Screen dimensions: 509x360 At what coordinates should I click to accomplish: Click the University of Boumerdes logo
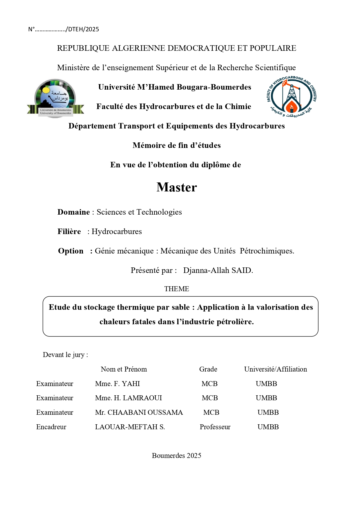click(x=55, y=98)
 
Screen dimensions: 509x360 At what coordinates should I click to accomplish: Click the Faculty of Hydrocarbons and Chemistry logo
click(x=292, y=97)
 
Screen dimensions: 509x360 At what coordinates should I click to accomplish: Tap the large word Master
click(x=177, y=187)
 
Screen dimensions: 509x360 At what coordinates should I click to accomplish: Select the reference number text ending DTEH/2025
click(x=64, y=29)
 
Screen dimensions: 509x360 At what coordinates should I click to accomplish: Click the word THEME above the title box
click(x=176, y=289)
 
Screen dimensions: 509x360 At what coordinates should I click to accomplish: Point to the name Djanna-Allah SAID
click(x=218, y=270)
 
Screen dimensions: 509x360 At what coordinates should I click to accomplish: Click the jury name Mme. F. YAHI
click(x=117, y=384)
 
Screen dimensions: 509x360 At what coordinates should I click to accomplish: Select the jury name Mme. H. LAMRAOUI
click(x=129, y=398)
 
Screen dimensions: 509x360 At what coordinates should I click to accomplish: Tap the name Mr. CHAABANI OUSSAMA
click(x=139, y=412)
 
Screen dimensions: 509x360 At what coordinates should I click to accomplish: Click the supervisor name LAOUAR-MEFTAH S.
click(x=130, y=427)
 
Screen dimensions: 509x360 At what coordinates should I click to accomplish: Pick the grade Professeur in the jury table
click(x=215, y=427)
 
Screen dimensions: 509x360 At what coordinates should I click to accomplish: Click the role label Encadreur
click(x=51, y=427)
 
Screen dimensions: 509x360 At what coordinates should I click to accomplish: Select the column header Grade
click(x=208, y=369)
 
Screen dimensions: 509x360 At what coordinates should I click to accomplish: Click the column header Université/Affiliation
click(x=275, y=369)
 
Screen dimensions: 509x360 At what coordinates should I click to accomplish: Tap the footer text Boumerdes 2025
click(x=176, y=456)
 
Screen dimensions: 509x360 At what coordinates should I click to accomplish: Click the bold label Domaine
click(x=74, y=212)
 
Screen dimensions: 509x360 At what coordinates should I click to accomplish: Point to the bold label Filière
click(x=69, y=231)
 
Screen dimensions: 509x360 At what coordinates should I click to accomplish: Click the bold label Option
click(x=71, y=251)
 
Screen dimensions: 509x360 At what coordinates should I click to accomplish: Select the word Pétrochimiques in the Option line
click(x=267, y=251)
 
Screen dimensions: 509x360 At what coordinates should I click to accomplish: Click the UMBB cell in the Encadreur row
click(x=268, y=427)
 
